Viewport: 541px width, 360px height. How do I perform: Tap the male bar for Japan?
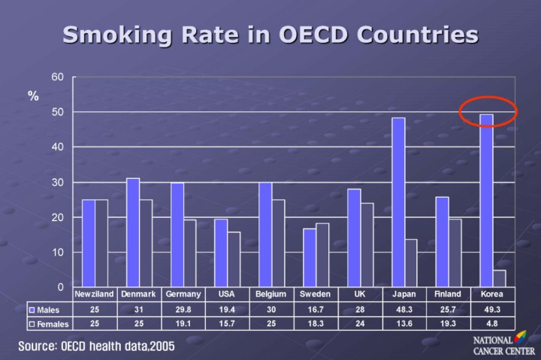click(398, 202)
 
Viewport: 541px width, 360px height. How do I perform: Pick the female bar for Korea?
click(500, 279)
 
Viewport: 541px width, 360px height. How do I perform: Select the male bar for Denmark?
click(133, 232)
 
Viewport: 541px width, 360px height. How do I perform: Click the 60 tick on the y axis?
click(58, 77)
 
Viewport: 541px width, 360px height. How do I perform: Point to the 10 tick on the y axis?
click(58, 253)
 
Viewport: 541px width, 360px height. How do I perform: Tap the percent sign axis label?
click(34, 97)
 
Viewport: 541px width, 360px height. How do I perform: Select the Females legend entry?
click(49, 324)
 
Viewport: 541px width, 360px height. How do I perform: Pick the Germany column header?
click(183, 294)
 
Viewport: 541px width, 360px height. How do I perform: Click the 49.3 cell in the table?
click(492, 310)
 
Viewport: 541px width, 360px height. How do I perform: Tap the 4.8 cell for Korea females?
click(492, 324)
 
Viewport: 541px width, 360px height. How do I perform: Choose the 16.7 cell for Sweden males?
click(315, 310)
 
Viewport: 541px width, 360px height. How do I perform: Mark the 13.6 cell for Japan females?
click(404, 324)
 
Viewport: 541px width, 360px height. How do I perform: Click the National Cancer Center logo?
click(503, 345)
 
